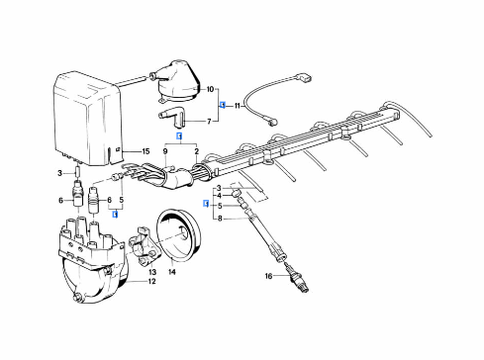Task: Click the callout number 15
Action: (145, 151)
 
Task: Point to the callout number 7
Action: (209, 122)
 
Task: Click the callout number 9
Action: (164, 151)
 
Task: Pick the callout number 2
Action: (197, 151)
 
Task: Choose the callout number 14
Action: (171, 270)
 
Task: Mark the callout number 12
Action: (151, 282)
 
